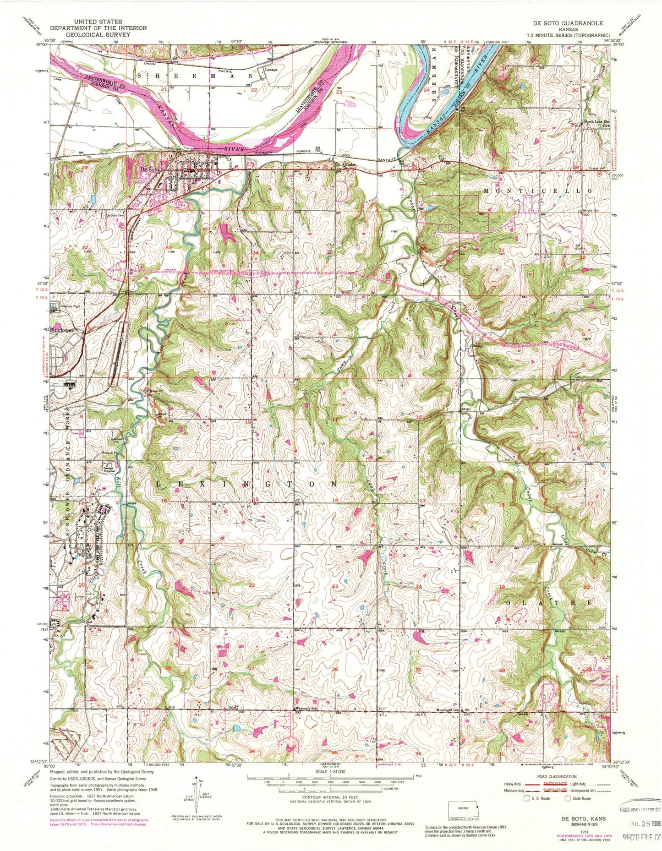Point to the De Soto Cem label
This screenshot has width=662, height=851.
tap(115, 215)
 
